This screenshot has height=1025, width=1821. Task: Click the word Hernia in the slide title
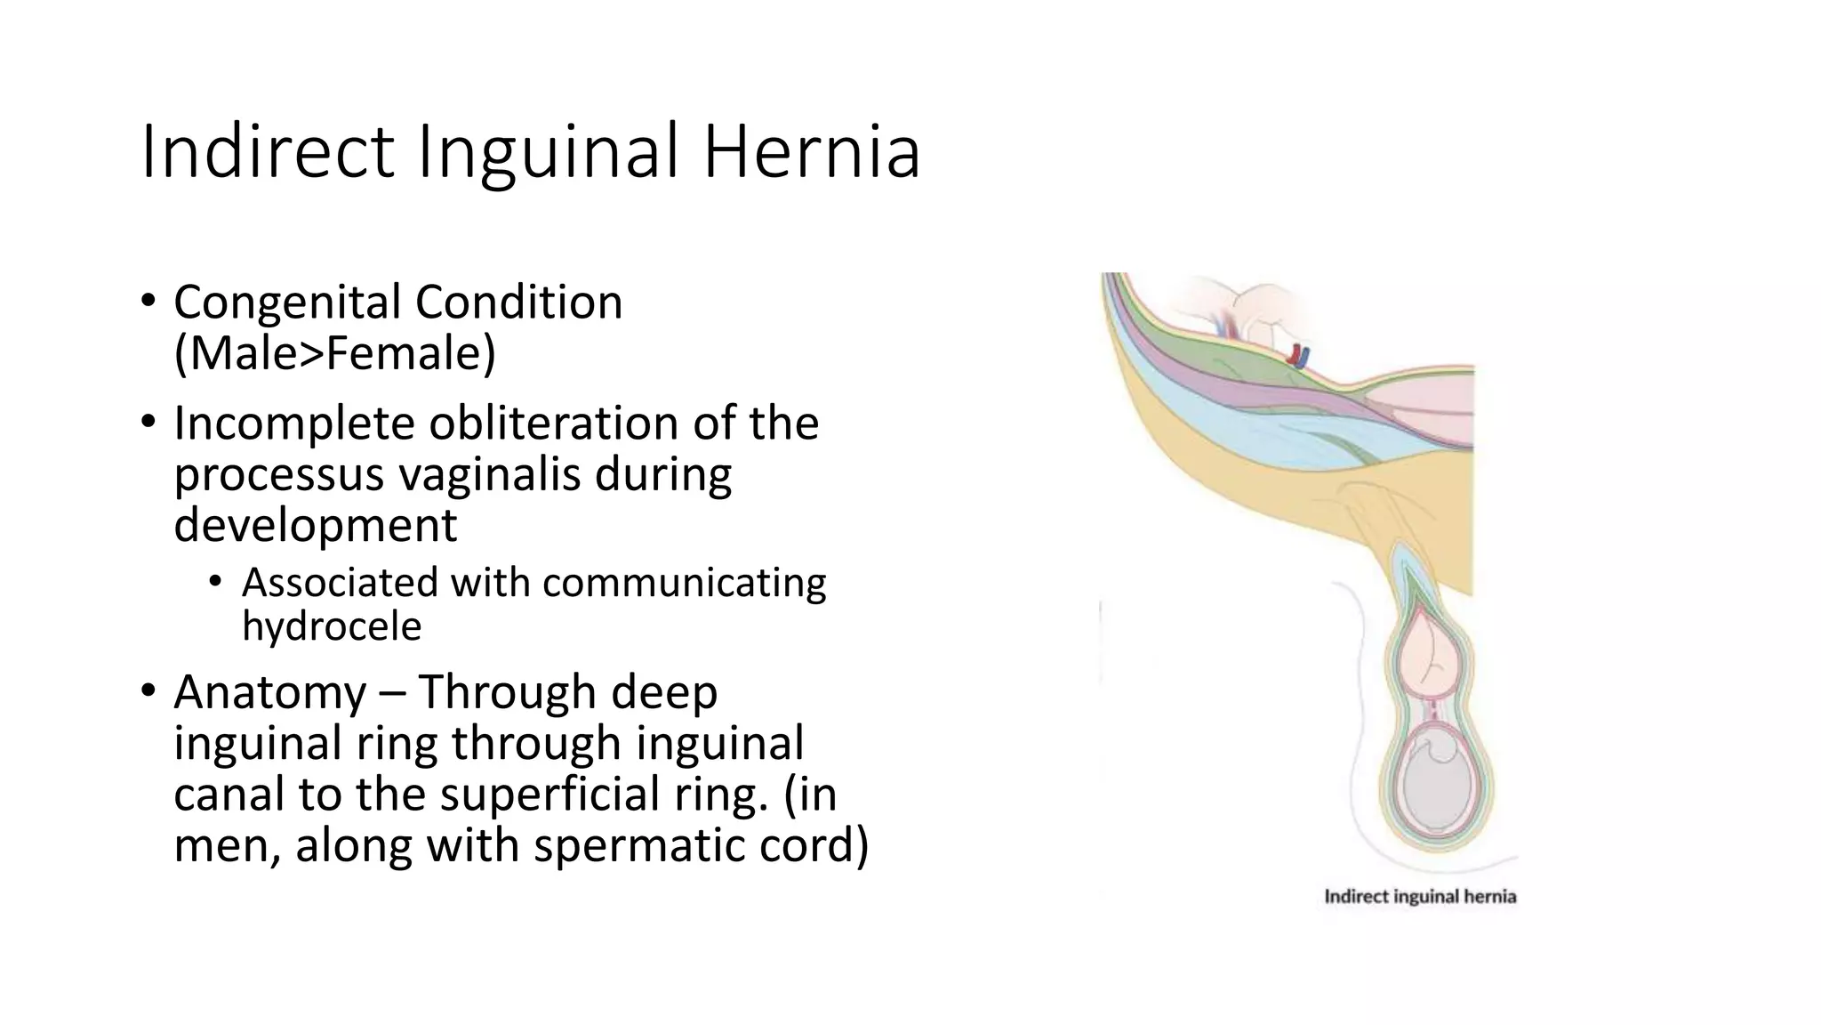(811, 153)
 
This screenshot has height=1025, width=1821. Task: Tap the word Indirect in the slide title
(267, 153)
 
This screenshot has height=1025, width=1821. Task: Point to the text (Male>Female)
(334, 353)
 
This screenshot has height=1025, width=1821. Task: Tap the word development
(315, 525)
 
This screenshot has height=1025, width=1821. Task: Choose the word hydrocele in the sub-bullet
(332, 626)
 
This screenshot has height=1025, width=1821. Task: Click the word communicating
(684, 584)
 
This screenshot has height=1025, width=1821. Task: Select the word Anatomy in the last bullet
(269, 692)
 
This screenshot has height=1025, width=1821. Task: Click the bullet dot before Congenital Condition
(148, 300)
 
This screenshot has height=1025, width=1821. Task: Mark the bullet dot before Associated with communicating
(214, 583)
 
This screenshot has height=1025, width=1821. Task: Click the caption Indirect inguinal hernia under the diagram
(1420, 896)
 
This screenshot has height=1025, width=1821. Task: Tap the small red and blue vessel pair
(1299, 356)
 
